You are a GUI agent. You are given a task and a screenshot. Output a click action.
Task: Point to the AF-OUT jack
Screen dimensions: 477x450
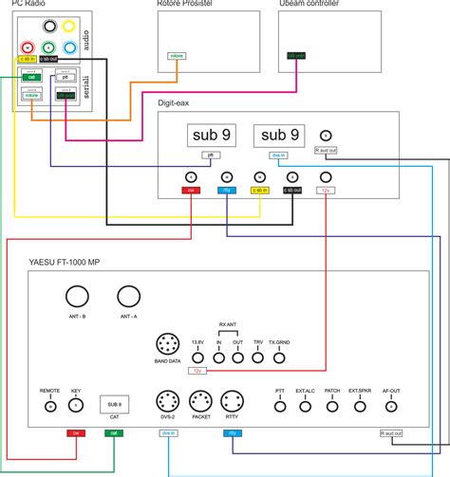click(391, 406)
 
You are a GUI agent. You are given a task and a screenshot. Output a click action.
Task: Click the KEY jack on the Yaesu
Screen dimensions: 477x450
click(76, 406)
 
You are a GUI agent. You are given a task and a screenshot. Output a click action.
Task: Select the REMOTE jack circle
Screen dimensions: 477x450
click(49, 406)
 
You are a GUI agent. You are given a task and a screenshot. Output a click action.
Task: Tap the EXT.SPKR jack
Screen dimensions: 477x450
click(360, 406)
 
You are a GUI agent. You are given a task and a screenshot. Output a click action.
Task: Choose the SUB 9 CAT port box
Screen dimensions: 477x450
click(112, 404)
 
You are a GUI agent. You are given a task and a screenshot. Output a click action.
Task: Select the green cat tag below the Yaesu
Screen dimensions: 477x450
click(114, 433)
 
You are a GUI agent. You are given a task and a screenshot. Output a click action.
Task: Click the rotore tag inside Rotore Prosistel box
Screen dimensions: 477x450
click(177, 57)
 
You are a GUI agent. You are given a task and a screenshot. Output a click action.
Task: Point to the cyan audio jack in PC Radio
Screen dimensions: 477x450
click(70, 47)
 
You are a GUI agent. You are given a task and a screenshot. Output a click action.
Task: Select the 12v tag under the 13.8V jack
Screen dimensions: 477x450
click(197, 371)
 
